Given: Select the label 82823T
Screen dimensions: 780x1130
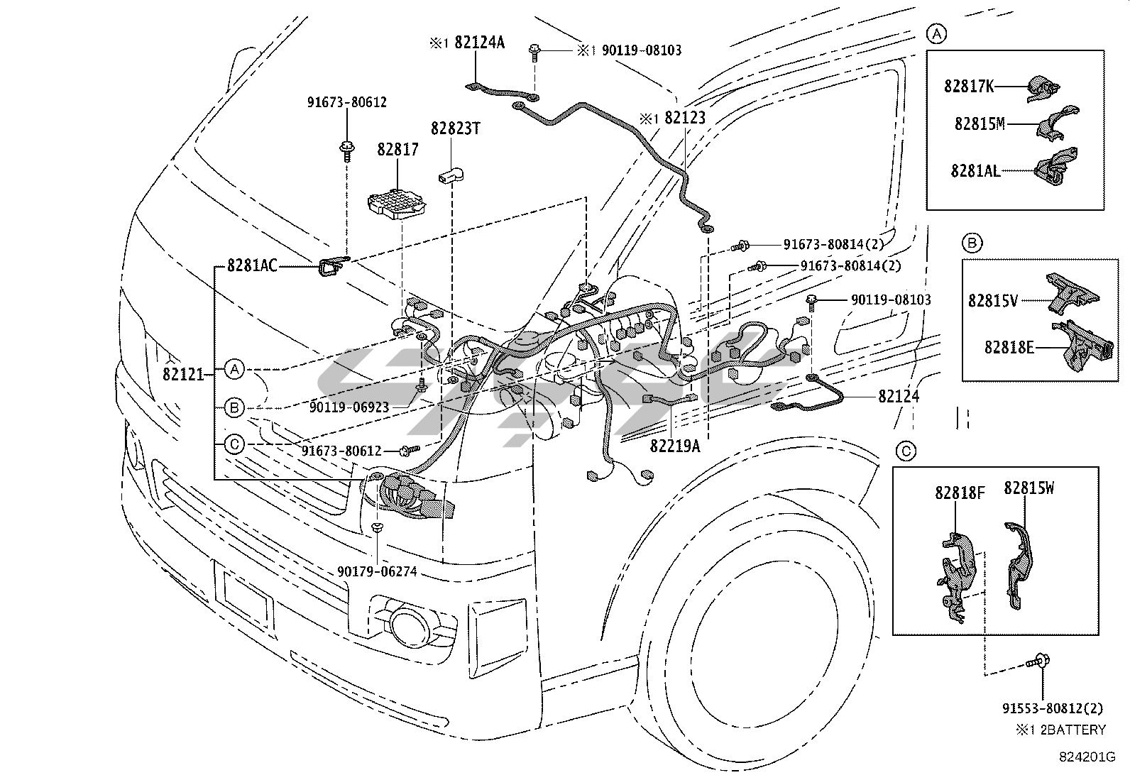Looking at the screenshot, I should point(456,128).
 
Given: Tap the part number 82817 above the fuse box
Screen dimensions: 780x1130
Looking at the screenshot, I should point(397,150).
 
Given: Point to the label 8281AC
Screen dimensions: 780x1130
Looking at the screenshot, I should point(252,266).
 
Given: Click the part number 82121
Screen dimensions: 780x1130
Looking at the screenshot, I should point(184,374).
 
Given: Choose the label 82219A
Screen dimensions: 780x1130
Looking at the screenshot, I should point(674,446).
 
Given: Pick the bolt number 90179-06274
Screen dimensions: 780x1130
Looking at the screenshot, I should point(377,570).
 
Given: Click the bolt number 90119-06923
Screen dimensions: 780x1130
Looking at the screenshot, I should point(349,407).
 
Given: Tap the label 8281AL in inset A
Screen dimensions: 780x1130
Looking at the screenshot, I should point(975,170).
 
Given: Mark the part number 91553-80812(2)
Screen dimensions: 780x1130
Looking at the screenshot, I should point(1053,708).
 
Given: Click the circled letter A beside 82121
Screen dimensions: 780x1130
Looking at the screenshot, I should point(234,369).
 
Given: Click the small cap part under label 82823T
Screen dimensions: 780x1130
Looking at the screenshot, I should point(450,175).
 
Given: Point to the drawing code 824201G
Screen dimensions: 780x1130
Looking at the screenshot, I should point(1082,757).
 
